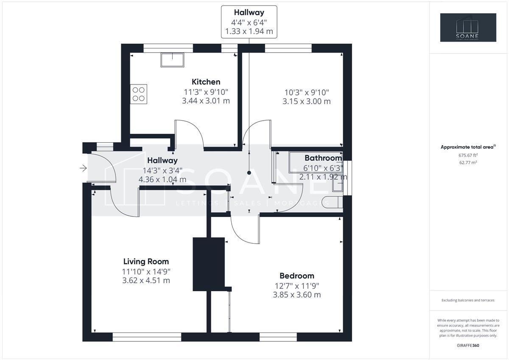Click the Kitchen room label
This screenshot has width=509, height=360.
206,82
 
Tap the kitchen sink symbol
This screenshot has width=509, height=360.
172,60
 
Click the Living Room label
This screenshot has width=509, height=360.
146,262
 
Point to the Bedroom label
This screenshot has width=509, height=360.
296,276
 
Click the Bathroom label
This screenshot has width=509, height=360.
323,158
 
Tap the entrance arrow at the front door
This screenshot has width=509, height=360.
83,169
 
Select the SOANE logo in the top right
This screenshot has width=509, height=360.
468,28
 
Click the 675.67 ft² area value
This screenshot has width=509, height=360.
468,155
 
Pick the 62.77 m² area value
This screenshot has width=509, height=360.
468,163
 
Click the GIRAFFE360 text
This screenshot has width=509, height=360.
468,346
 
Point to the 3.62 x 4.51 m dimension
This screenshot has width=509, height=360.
146,281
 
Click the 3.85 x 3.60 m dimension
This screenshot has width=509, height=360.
296,295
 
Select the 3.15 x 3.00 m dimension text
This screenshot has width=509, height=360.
306,101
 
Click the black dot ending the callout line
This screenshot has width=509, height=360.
249,173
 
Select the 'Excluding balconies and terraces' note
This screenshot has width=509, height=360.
468,300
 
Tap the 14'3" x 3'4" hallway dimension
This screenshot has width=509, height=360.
162,170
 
